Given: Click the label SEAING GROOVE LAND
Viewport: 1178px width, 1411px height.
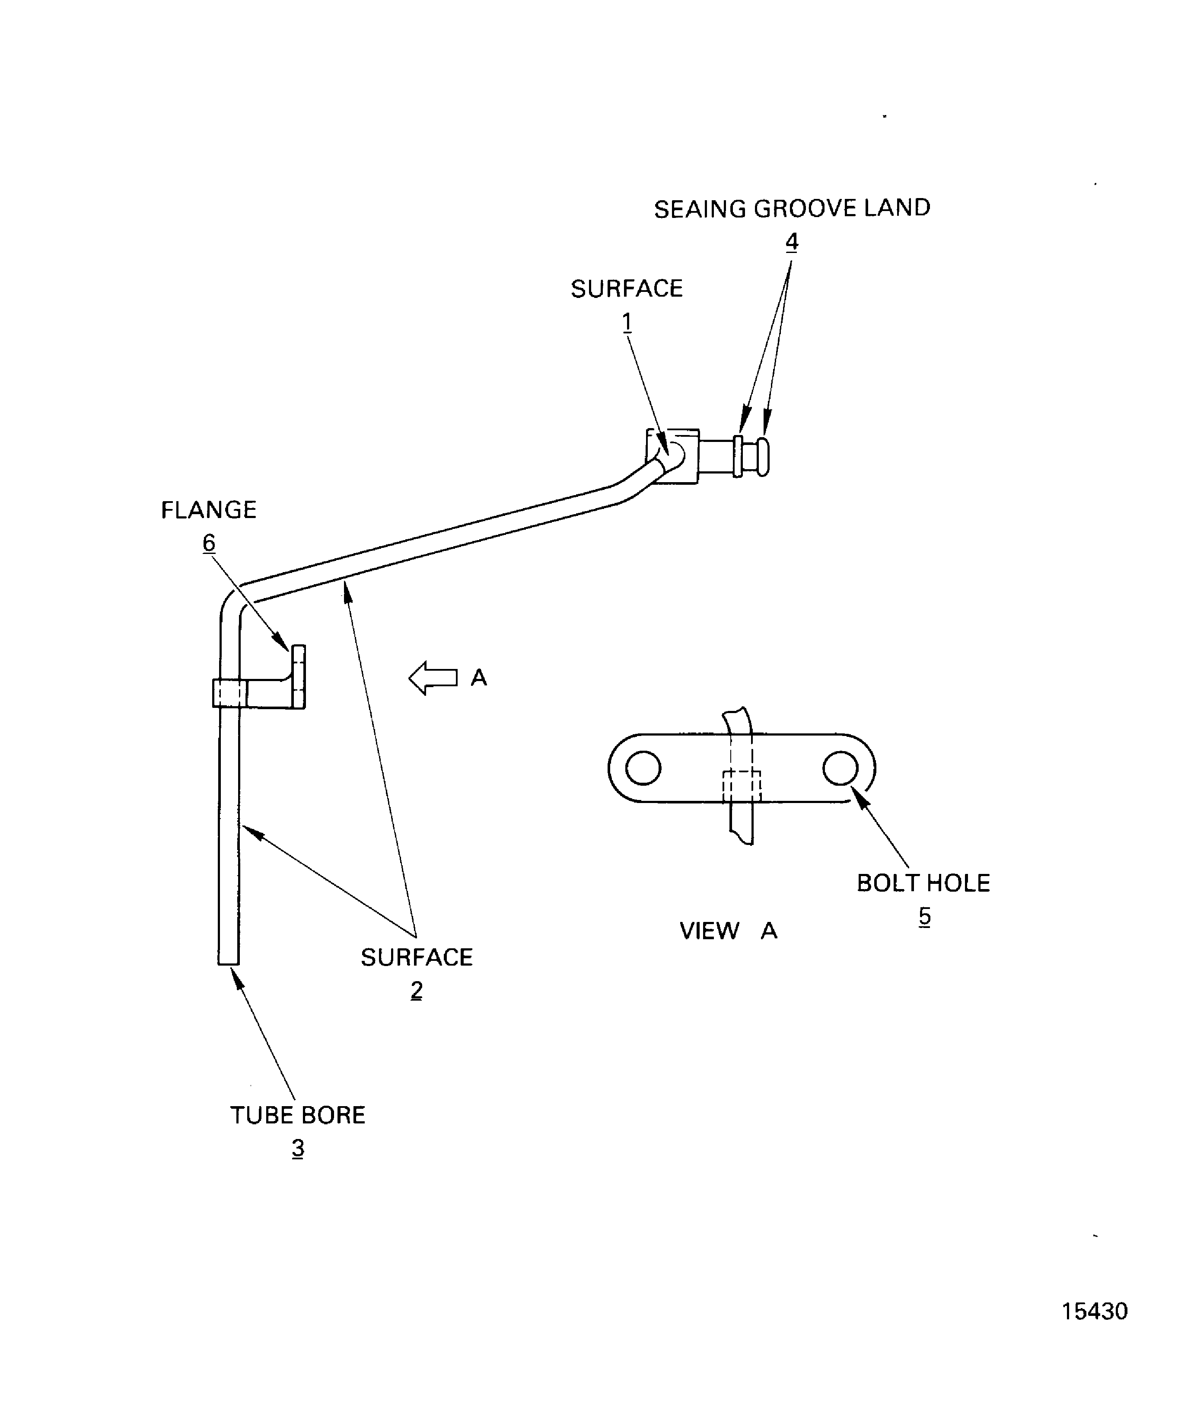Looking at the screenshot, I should pyautogui.click(x=792, y=208).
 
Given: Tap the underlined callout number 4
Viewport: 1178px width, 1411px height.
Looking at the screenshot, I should pyautogui.click(x=792, y=241).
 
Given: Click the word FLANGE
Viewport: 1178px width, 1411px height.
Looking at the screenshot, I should pyautogui.click(x=209, y=510).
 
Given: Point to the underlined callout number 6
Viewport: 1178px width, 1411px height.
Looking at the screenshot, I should pyautogui.click(x=209, y=542).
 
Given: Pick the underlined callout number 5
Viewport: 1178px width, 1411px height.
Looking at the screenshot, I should pyautogui.click(x=925, y=916).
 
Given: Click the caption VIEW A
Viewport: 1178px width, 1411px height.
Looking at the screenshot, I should pyautogui.click(x=728, y=931).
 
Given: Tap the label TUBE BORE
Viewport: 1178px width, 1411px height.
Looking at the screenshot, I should pyautogui.click(x=297, y=1115).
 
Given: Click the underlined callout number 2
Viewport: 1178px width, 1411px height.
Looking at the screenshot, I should pyautogui.click(x=417, y=990).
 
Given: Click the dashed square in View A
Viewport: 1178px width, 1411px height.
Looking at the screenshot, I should pyautogui.click(x=742, y=786).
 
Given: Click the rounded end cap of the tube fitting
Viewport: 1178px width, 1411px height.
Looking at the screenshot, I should pyautogui.click(x=763, y=457).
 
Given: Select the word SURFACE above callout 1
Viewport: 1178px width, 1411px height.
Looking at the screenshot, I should pyautogui.click(x=627, y=289).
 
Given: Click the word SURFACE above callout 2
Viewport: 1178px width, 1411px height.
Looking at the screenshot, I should pyautogui.click(x=417, y=957).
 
